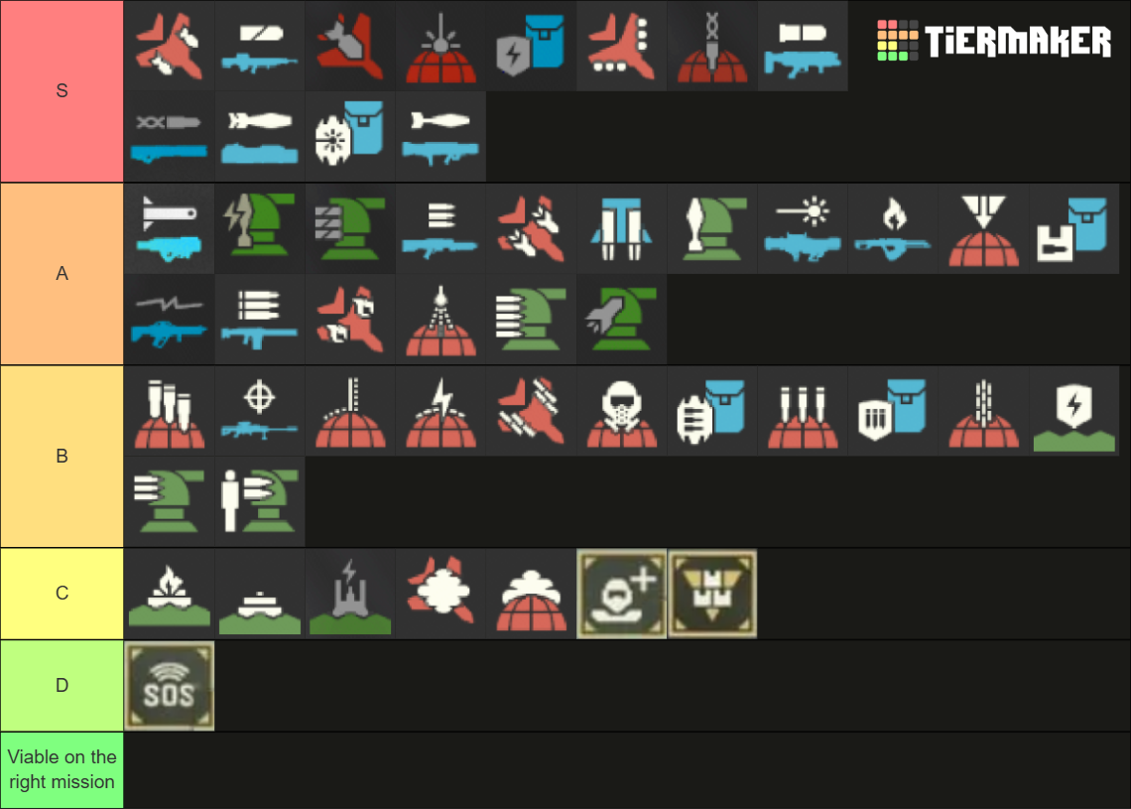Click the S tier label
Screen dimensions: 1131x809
pos(62,91)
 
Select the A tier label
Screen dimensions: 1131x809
pos(62,274)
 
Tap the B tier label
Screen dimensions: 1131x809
pos(62,457)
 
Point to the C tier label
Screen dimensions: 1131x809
pos(62,594)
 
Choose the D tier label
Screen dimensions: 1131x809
pos(62,685)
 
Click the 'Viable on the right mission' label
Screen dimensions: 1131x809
pos(62,769)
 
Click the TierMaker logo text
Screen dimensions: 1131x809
pos(1017,42)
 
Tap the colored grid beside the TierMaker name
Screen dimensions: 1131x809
pos(897,41)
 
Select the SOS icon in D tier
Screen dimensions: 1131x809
pos(170,686)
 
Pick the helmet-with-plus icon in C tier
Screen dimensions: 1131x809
pos(622,594)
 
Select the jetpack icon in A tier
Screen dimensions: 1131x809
pos(622,228)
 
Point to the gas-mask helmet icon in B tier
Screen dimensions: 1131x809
pos(622,411)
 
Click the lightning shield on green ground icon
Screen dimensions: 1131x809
pos(1074,411)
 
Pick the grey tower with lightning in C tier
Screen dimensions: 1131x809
pos(350,594)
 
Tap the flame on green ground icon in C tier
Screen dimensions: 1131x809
pos(170,594)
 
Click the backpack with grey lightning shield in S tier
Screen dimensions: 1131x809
pos(531,46)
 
